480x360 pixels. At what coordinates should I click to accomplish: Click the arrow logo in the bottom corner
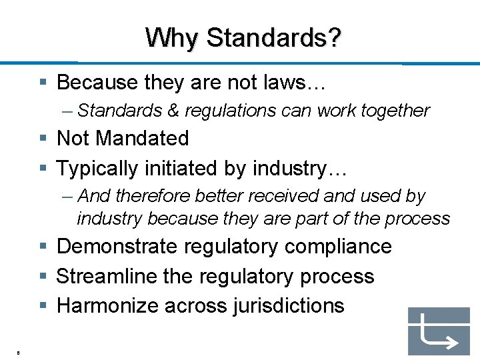tap(438, 331)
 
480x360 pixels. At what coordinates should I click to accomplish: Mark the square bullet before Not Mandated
tap(43, 139)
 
